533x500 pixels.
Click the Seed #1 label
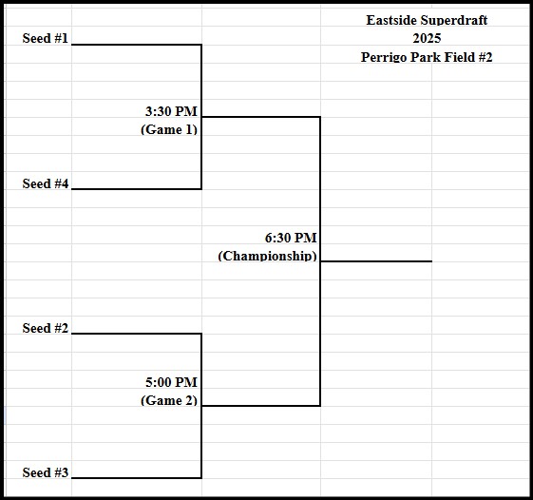click(x=46, y=38)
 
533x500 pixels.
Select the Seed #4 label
click(x=46, y=183)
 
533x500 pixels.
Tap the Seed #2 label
click(x=46, y=328)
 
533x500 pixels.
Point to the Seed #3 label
click(x=46, y=472)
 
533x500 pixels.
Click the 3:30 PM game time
click(x=171, y=111)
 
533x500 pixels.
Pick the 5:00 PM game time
click(x=171, y=382)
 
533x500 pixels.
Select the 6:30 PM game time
click(x=291, y=238)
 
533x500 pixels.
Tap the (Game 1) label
click(x=169, y=129)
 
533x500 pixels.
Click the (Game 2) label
click(x=169, y=400)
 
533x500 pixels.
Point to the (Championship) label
click(x=267, y=256)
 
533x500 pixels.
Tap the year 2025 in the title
click(x=427, y=38)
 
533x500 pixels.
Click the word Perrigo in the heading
click(x=384, y=57)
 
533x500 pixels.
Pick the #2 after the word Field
click(x=485, y=57)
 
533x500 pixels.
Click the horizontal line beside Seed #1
click(x=136, y=45)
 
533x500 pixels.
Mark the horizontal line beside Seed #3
click(x=136, y=478)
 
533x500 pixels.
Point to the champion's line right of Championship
click(x=376, y=261)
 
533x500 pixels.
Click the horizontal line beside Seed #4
click(x=136, y=189)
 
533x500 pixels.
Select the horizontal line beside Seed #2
click(x=136, y=334)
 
